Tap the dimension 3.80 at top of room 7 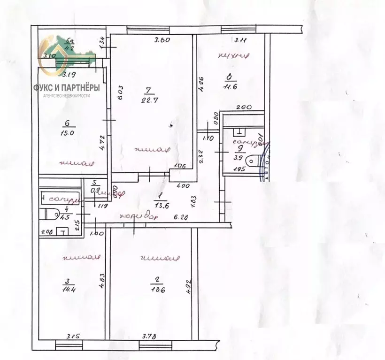click(x=162, y=40)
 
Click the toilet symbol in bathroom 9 click(x=254, y=161)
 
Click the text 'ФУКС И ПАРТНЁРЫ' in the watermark click(x=69, y=87)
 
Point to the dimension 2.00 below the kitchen click(x=242, y=107)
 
